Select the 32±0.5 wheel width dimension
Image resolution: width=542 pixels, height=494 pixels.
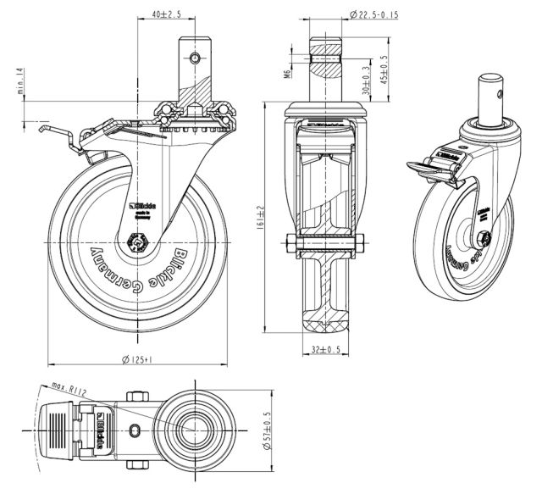(x=326, y=348)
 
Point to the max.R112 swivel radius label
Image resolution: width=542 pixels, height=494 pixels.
(x=69, y=387)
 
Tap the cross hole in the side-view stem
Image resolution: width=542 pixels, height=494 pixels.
(x=196, y=58)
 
